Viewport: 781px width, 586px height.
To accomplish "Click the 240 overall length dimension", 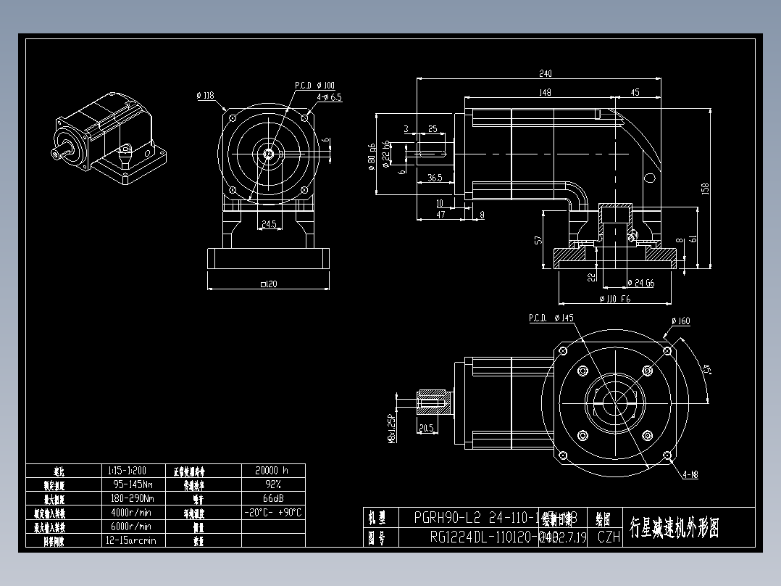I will (546, 73).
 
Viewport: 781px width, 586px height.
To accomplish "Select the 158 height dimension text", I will (705, 188).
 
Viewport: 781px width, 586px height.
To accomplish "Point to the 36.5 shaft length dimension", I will (435, 177).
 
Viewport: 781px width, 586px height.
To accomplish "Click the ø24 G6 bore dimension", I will (640, 283).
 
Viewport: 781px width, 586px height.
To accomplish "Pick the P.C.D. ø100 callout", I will (314, 85).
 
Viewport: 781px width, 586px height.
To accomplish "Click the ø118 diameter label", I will (205, 95).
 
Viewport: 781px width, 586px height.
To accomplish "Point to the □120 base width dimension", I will (268, 284).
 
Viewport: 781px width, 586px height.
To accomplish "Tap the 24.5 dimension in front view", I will (269, 225).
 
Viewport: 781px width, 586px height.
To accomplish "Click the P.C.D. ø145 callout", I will (551, 318).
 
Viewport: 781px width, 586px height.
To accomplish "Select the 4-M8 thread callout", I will (692, 476).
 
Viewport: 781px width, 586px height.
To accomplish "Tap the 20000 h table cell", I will (272, 470).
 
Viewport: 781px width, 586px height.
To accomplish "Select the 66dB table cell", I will (272, 498).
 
